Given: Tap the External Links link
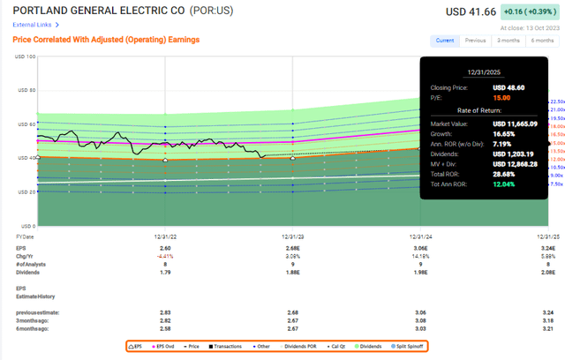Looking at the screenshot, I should (x=32, y=26).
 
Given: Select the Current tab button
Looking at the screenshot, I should (x=445, y=41).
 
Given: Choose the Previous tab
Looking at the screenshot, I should (x=476, y=41).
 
